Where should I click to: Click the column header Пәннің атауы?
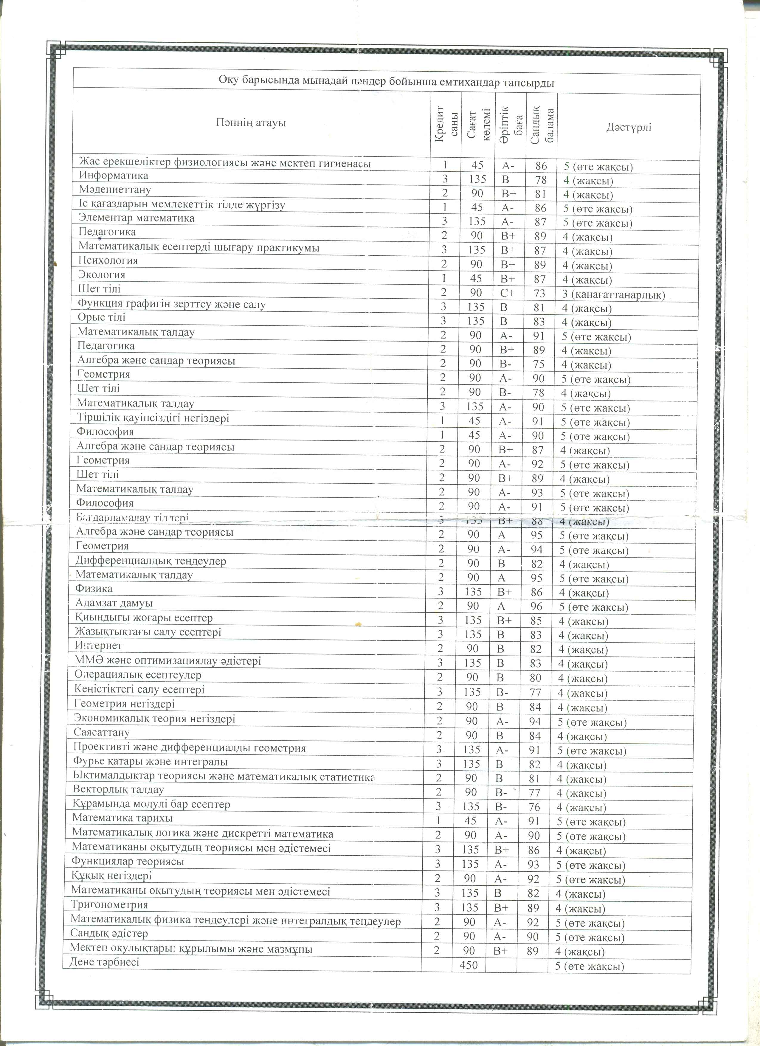click(x=251, y=123)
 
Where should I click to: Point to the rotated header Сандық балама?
click(x=542, y=124)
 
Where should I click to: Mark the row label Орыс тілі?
click(x=101, y=317)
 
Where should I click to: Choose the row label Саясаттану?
click(x=101, y=732)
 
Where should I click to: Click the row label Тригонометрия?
click(x=109, y=905)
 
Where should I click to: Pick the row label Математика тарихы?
click(x=122, y=818)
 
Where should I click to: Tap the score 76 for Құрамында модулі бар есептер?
click(x=534, y=807)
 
